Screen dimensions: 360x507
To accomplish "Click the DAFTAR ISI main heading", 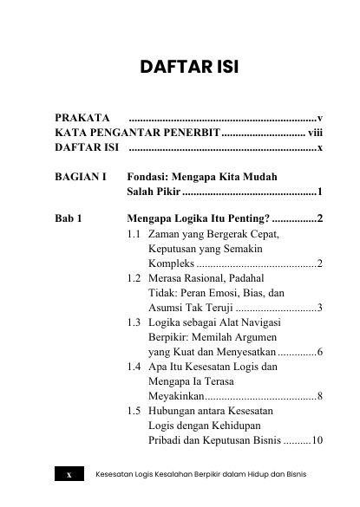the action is pos(180,68).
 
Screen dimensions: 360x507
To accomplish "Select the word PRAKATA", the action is pos(82,117).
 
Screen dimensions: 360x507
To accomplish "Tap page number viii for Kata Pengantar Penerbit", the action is pos(315,133).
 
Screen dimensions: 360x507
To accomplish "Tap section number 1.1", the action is pos(134,235).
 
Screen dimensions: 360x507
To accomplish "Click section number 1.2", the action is pos(134,278).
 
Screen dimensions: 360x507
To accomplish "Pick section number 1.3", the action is pos(134,322).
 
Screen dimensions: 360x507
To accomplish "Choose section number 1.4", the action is pos(134,367).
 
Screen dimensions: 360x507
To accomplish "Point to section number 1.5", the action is pos(134,410).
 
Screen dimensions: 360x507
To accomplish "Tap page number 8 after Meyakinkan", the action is pos(320,396).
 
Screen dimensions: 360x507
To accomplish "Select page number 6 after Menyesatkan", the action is pos(320,352).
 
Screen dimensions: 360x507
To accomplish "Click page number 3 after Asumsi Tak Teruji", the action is pos(320,308).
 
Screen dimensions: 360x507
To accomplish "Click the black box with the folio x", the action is pos(69,475).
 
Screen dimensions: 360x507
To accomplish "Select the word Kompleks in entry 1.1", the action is pos(171,263).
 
